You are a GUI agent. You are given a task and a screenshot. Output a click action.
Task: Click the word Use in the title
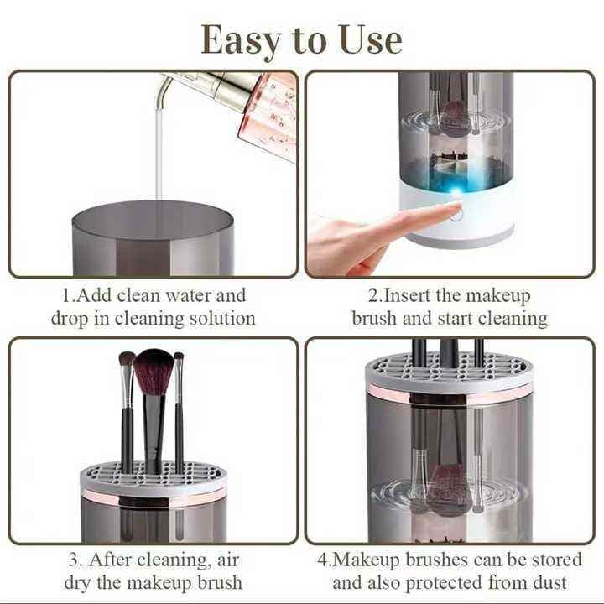pos(370,39)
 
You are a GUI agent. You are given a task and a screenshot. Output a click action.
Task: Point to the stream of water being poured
pos(159,151)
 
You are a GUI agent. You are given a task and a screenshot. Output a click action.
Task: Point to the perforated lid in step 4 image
pos(449,369)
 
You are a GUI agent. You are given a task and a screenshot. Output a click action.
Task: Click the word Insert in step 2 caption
pos(410,295)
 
